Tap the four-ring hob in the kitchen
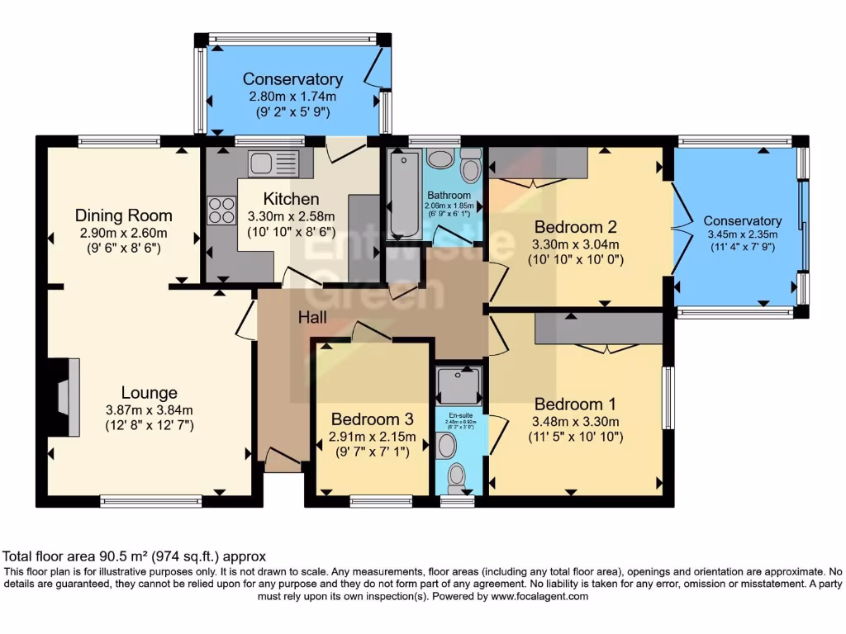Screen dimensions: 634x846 [221, 211]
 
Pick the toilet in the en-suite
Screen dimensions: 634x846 [455, 476]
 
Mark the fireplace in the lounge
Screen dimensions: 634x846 [68, 396]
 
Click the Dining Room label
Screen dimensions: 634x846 [124, 216]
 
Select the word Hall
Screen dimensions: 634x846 [312, 317]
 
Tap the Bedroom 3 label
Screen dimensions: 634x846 [364, 419]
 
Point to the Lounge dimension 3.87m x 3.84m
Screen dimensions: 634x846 [149, 410]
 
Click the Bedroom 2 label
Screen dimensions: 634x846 [575, 227]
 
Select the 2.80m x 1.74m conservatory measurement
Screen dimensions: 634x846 [292, 97]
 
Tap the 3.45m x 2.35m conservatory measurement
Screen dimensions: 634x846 [743, 234]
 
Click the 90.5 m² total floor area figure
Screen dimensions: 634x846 [123, 556]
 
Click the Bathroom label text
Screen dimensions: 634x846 [449, 195]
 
